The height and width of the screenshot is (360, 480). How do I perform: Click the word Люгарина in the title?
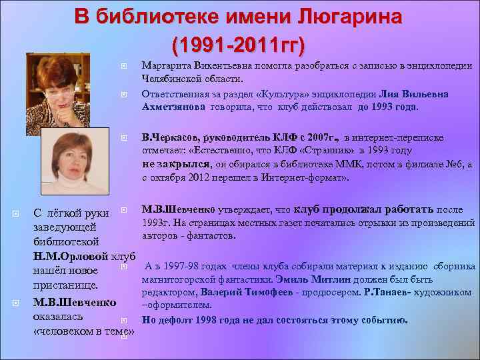coord(346,17)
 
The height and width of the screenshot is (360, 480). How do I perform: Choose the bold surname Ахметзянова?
coord(175,107)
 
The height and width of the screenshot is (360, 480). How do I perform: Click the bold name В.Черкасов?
coord(170,138)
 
